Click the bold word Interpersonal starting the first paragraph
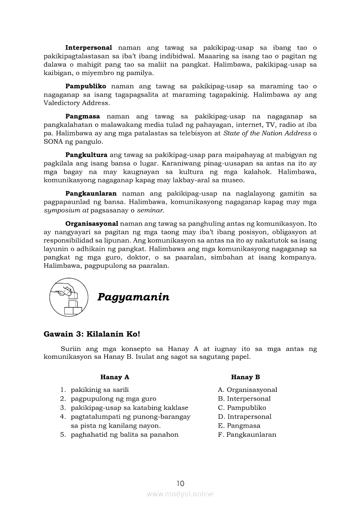click(88, 47)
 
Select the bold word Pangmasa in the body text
click(82, 116)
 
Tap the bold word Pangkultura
click(86, 155)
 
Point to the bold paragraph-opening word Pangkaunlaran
click(91, 193)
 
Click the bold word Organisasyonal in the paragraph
click(92, 223)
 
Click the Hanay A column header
click(115, 377)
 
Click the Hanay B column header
click(245, 377)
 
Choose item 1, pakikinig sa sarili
click(100, 390)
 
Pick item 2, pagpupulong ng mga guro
click(113, 398)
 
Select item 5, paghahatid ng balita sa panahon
click(125, 435)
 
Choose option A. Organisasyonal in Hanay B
click(248, 390)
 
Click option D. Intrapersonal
click(245, 417)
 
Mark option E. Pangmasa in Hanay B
click(239, 425)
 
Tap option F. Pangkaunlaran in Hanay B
click(247, 435)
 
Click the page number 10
click(180, 483)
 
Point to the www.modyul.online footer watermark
click(180, 494)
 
